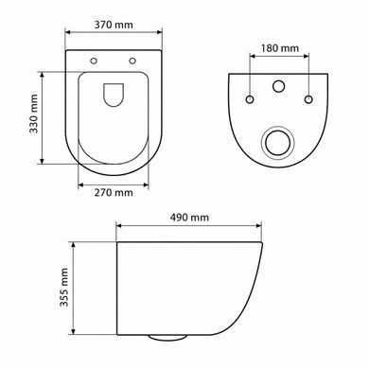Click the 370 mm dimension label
114,25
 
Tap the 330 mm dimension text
33,114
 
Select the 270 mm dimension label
114,192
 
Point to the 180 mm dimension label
279,48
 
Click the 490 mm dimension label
189,218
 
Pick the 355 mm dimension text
64,288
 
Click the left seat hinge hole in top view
94,61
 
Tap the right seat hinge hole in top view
132,61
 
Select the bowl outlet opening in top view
114,95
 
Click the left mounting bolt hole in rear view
250,99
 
